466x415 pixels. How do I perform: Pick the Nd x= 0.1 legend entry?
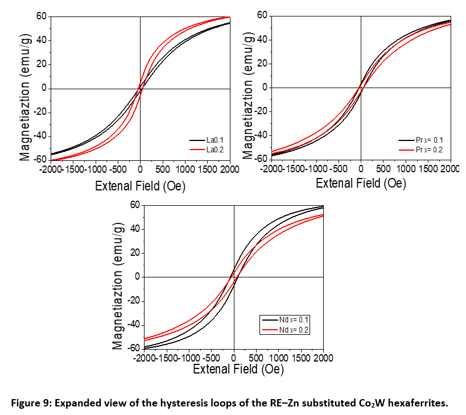point(290,320)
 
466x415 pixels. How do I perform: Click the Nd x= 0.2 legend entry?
point(290,329)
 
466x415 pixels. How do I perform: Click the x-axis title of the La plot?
point(140,185)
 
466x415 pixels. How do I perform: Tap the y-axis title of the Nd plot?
point(118,276)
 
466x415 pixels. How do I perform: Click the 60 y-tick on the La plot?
point(40,16)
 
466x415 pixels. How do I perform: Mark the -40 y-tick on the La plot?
point(38,136)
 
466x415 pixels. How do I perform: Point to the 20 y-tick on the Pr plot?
point(262,63)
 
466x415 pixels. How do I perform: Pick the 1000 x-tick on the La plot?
point(184,169)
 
